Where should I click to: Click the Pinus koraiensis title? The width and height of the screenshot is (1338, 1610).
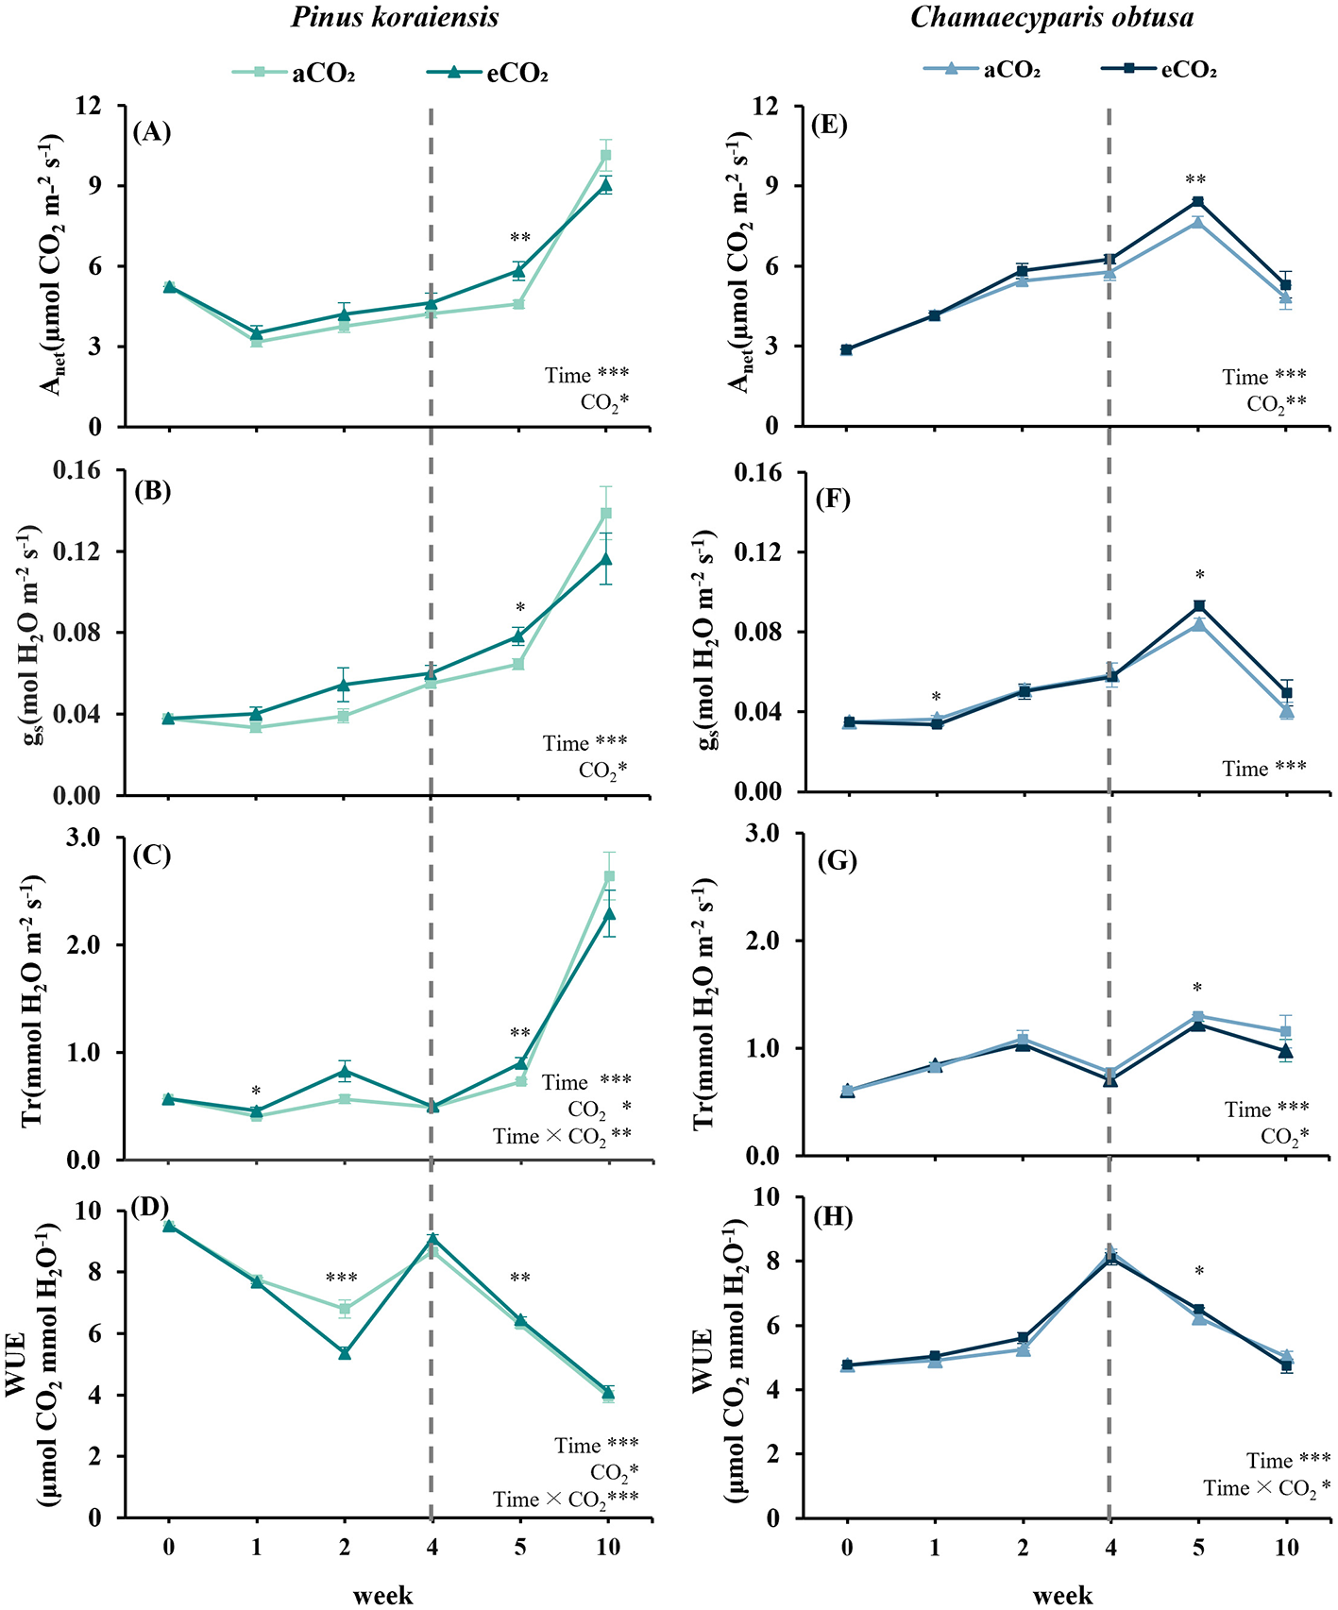395,17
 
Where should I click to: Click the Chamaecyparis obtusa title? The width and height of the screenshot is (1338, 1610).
1052,17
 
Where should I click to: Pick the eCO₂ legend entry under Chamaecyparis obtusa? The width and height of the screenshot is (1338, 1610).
1160,70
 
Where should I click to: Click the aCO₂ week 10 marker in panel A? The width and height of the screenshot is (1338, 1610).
606,155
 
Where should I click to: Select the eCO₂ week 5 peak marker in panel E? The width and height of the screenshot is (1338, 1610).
1197,201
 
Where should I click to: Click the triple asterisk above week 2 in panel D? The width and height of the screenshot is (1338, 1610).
342,1279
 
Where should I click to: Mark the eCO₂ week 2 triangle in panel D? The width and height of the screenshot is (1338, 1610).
345,1353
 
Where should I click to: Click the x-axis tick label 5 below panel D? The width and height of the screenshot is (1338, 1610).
519,1547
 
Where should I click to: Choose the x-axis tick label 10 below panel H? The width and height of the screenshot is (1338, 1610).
1285,1547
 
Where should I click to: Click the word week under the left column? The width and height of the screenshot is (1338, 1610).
382,1595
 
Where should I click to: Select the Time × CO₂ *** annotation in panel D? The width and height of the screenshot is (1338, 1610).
565,1500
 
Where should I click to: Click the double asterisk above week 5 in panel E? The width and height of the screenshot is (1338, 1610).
1197,179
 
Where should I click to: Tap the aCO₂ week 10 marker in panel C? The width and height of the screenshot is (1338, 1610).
608,876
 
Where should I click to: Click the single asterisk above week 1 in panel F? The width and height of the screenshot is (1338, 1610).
936,697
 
